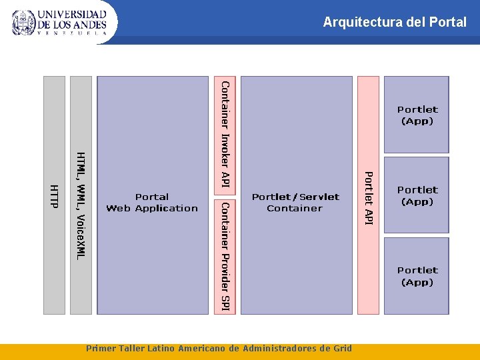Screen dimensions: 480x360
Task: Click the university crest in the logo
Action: (23, 22)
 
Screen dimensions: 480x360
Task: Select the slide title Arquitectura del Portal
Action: (395, 22)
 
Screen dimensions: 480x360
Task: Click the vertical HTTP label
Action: (55, 195)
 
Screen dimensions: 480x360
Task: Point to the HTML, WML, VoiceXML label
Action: (81, 205)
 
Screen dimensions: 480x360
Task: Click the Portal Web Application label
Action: (152, 202)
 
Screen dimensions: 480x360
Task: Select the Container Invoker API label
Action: (226, 133)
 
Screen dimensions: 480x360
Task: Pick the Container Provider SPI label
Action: (226, 255)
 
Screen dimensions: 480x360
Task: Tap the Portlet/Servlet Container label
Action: (295, 202)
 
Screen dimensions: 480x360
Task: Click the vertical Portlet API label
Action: (368, 198)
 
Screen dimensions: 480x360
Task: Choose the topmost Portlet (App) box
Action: (417, 115)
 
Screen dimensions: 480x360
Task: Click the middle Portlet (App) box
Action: (417, 195)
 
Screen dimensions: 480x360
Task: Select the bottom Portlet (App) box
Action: (417, 276)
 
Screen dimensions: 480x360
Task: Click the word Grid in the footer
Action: (343, 348)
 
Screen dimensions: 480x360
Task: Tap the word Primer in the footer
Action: (101, 348)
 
